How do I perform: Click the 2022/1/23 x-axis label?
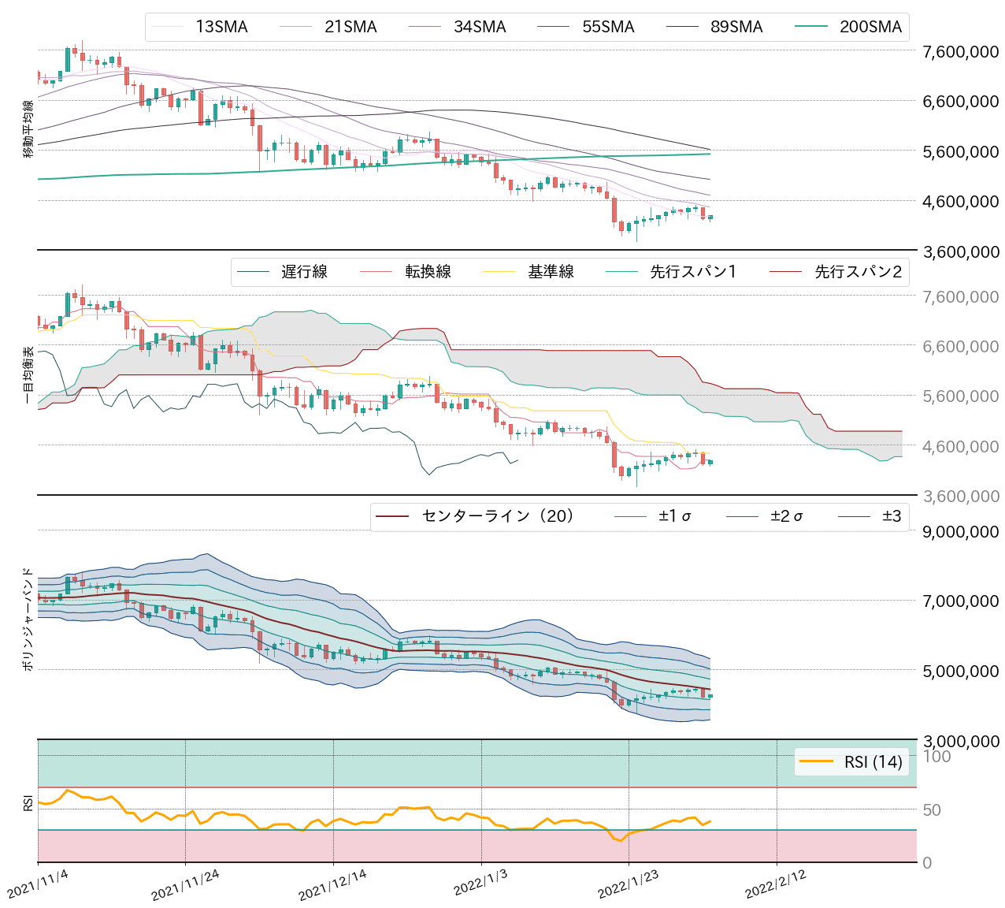(x=629, y=886)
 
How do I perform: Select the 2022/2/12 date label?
(x=776, y=886)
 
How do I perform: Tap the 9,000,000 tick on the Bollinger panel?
(x=960, y=531)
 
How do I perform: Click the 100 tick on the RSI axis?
(x=936, y=757)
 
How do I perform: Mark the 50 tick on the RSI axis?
(x=932, y=809)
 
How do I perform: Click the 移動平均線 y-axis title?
(x=28, y=129)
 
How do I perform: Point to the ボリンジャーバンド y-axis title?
(x=28, y=619)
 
